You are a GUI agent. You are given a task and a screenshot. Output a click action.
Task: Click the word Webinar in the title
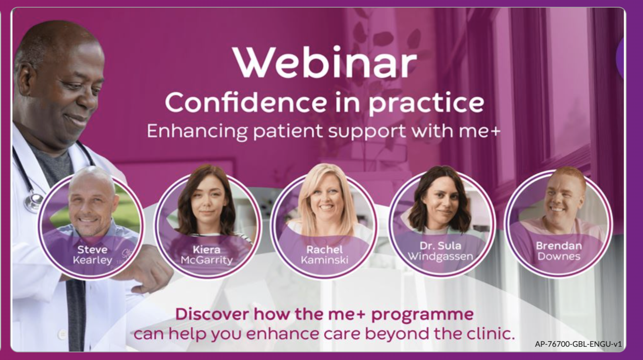[x=325, y=62]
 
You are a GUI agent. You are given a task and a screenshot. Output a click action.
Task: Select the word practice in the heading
[x=426, y=103]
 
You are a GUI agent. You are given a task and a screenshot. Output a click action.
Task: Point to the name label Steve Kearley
[x=92, y=255]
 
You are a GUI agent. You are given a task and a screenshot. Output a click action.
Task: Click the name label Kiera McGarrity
[x=207, y=255]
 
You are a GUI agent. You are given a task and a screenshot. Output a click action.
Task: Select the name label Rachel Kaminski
[x=324, y=255]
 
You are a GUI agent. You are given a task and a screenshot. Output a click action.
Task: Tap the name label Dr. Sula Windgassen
[x=440, y=251]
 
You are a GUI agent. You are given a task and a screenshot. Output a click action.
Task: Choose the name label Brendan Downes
[x=559, y=251]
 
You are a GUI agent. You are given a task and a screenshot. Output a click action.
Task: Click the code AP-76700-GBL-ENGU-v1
[x=578, y=344]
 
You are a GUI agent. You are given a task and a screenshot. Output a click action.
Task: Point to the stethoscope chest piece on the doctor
[x=33, y=201]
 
